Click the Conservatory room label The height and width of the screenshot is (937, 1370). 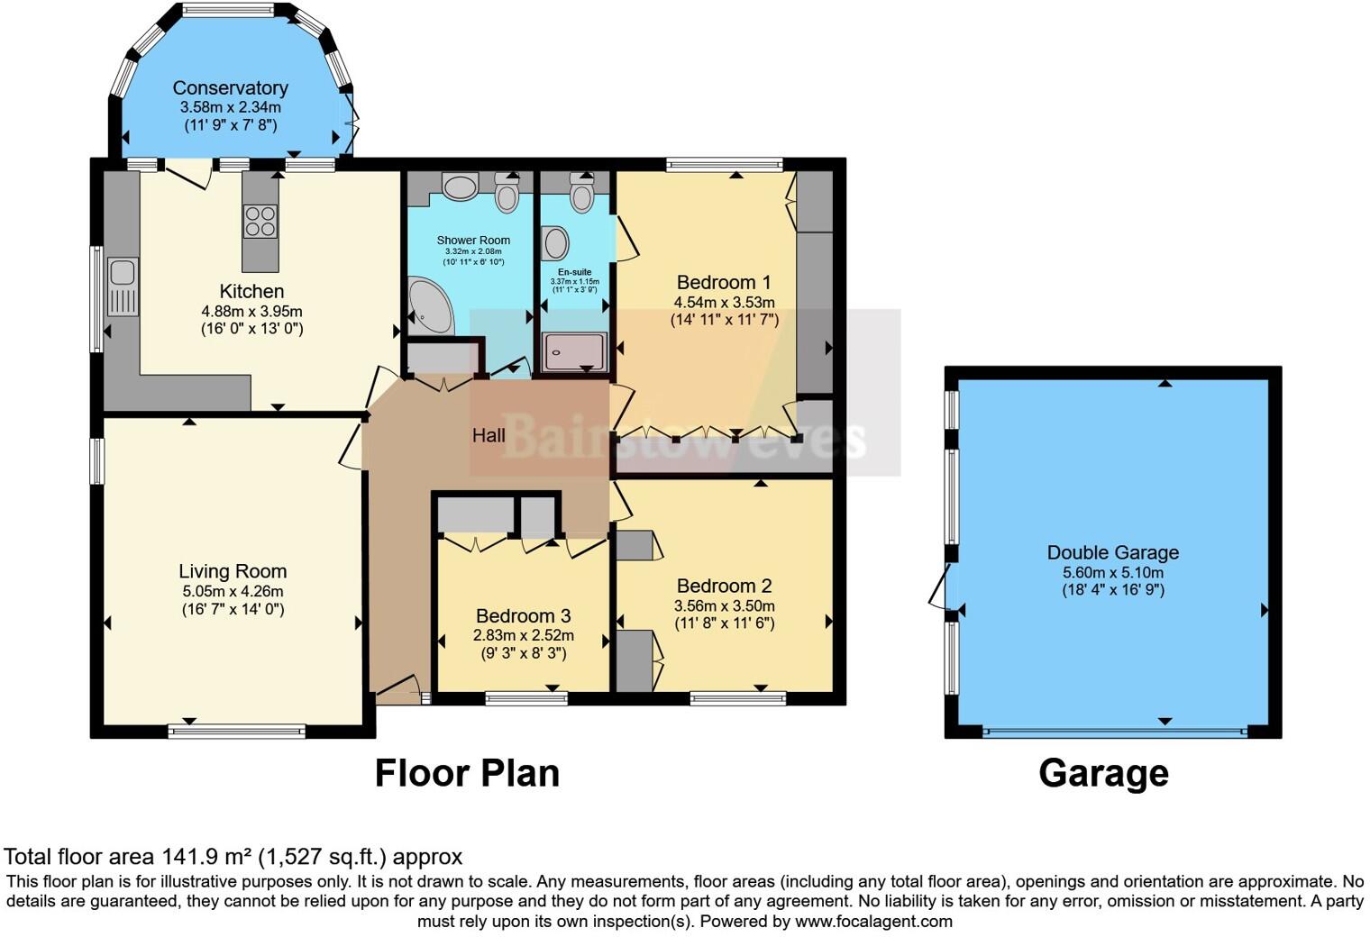pyautogui.click(x=230, y=87)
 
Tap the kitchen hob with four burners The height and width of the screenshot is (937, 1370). pyautogui.click(x=260, y=222)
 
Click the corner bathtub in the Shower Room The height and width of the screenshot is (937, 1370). pyautogui.click(x=430, y=305)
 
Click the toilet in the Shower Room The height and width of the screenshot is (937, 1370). pyautogui.click(x=507, y=196)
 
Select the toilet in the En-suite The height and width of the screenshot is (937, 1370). pyautogui.click(x=582, y=195)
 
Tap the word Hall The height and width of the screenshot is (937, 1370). pyautogui.click(x=489, y=435)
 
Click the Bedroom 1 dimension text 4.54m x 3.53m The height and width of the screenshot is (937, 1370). pyautogui.click(x=724, y=303)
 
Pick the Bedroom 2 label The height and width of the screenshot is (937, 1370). pyautogui.click(x=724, y=586)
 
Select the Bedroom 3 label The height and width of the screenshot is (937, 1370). pyautogui.click(x=523, y=616)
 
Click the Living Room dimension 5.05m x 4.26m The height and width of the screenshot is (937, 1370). pyautogui.click(x=233, y=591)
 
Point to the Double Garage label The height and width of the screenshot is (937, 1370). pyautogui.click(x=1112, y=552)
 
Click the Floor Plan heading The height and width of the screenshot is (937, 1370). pyautogui.click(x=467, y=773)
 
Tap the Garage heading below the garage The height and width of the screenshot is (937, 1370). pyautogui.click(x=1103, y=773)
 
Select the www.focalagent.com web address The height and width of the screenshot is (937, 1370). pyautogui.click(x=873, y=921)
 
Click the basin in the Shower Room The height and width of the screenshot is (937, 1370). pyautogui.click(x=461, y=187)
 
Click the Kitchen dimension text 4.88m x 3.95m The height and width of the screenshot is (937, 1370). pyautogui.click(x=251, y=312)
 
